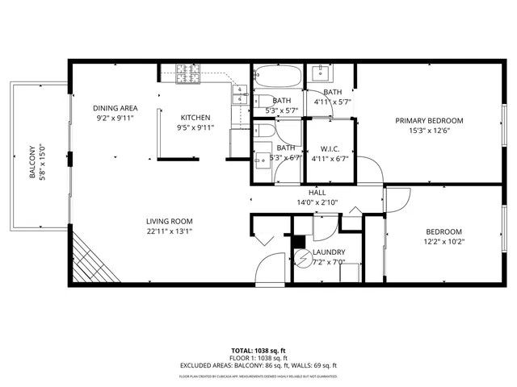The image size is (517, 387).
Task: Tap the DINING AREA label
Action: (114, 108)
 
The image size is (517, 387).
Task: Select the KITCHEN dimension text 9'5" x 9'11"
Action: (195, 127)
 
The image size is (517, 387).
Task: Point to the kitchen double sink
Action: (239, 96)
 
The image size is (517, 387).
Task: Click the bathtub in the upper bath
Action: (278, 78)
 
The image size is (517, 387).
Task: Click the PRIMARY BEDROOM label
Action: (429, 121)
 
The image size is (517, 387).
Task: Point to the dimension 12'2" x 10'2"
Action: (444, 241)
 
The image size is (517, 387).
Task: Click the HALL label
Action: (317, 193)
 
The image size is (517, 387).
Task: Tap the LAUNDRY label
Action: (329, 252)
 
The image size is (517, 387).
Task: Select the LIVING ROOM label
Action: (170, 222)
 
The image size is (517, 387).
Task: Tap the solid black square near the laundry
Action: (299, 240)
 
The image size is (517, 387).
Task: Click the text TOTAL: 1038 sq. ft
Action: (258, 351)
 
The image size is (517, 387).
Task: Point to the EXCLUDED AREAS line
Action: (258, 365)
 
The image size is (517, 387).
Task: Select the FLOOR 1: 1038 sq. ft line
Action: (258, 358)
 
